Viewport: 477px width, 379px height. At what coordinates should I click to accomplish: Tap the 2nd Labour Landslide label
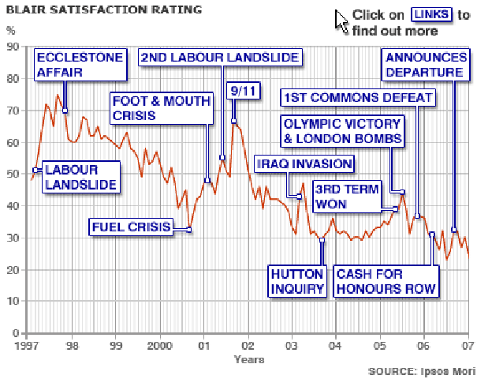click(220, 58)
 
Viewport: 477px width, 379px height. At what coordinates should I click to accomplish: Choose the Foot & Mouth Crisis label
click(161, 108)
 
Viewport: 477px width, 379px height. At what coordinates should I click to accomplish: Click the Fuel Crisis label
click(132, 228)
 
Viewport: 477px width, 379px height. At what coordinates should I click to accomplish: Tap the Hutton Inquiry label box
click(297, 281)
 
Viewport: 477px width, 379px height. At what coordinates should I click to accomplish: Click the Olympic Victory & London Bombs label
click(343, 131)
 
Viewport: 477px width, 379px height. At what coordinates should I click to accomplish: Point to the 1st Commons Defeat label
click(359, 98)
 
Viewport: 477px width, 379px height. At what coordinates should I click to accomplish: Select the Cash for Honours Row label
click(386, 281)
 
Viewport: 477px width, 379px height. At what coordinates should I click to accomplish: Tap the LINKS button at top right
click(432, 15)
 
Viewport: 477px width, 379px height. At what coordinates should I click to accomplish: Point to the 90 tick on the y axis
click(13, 47)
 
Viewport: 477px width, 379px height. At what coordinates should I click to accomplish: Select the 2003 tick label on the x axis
click(291, 345)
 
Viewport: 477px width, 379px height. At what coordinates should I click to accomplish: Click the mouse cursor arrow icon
click(341, 20)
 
